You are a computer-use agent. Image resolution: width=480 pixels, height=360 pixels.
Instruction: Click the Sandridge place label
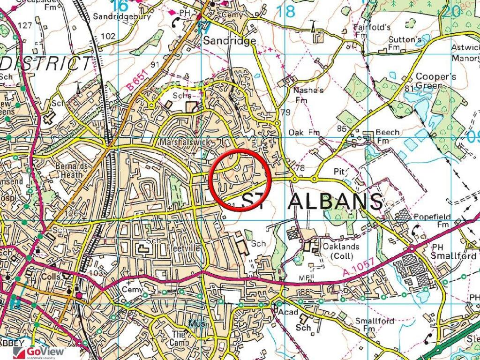229,41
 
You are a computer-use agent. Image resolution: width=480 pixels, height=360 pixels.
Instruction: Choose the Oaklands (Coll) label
341,251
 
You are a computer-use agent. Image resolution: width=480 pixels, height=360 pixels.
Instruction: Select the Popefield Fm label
432,220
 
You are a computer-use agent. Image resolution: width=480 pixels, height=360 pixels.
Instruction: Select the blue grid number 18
285,11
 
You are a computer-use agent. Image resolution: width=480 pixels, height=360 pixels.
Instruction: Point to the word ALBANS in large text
335,202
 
